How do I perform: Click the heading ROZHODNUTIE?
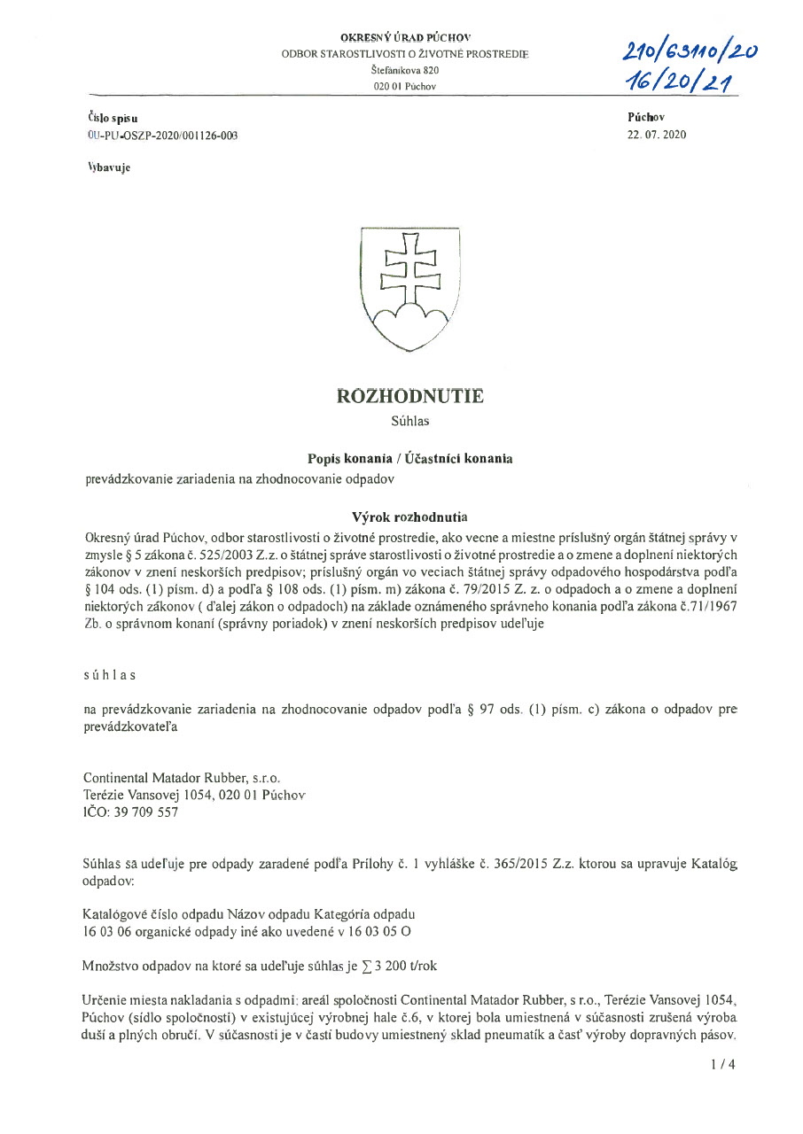coord(409,396)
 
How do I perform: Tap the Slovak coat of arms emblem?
coord(409,290)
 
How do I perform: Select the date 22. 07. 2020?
coord(656,135)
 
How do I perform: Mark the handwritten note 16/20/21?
coord(681,82)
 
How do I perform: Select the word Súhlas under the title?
coord(409,422)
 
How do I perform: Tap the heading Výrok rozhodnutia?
coord(409,517)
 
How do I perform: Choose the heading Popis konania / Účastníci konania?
coord(409,458)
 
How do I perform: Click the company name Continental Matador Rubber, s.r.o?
coord(182,777)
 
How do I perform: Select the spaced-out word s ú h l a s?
coord(109,674)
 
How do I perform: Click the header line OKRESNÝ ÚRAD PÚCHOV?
coord(405,37)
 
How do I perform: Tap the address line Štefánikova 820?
coord(405,70)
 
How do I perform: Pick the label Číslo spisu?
coord(113,118)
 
